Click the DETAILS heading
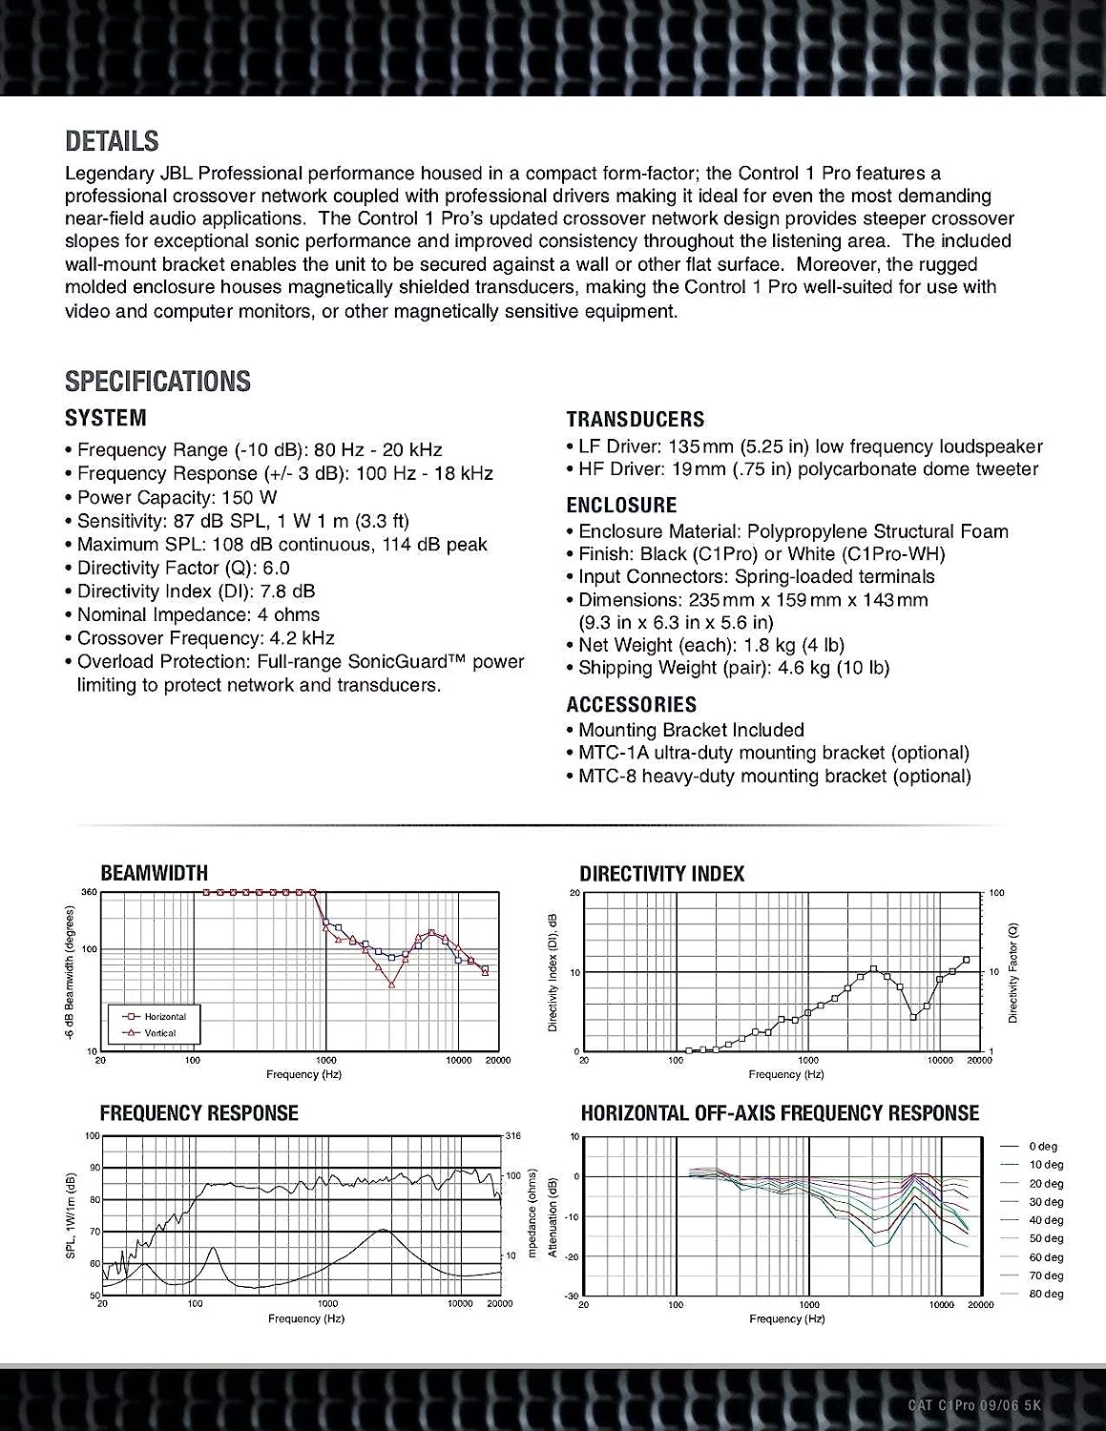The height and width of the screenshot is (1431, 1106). pos(112,141)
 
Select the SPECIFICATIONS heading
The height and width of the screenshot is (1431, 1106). pos(157,381)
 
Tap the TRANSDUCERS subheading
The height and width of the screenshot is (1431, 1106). pos(635,419)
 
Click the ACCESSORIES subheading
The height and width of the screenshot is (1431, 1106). pos(631,704)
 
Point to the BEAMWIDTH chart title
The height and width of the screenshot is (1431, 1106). pos(154,872)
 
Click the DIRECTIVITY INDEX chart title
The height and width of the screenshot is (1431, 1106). pos(661,873)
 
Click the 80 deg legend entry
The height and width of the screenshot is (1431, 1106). pos(1046,1294)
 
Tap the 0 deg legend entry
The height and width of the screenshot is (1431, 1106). pos(1043,1146)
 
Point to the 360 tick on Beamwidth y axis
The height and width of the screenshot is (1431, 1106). pos(90,892)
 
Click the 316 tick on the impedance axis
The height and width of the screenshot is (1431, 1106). pos(513,1135)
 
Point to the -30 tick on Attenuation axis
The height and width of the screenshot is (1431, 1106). pos(572,1295)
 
